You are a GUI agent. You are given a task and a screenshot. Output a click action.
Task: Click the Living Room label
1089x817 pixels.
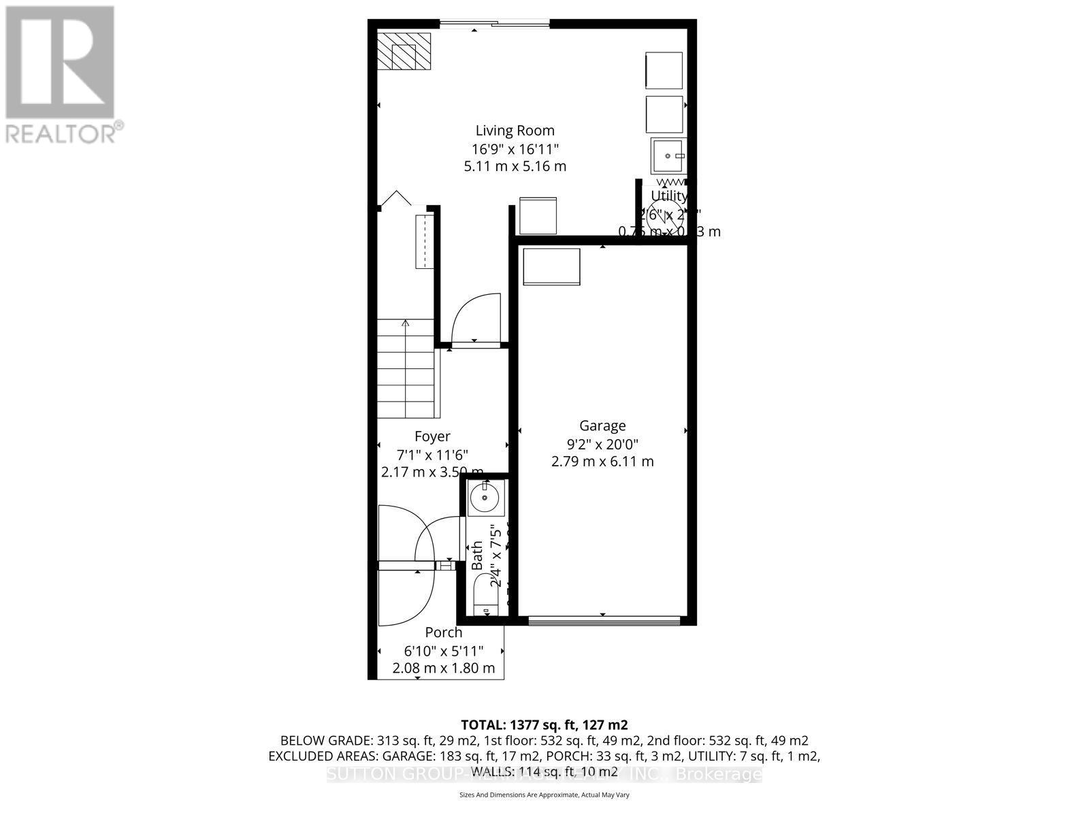(515, 131)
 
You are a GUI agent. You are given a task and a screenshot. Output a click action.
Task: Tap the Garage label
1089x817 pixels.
(602, 426)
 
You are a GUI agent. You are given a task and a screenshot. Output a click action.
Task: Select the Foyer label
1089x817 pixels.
(432, 436)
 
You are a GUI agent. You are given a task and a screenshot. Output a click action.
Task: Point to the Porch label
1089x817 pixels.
(444, 632)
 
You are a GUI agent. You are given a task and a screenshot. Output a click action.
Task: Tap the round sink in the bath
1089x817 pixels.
(485, 498)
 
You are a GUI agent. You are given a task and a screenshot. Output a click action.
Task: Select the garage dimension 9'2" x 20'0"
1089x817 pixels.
(602, 445)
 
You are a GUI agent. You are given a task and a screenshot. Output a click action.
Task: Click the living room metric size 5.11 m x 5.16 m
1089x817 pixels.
(515, 166)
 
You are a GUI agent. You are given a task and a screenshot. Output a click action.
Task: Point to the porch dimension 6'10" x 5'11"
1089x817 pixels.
(444, 650)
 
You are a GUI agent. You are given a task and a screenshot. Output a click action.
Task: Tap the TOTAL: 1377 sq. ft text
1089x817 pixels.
(544, 724)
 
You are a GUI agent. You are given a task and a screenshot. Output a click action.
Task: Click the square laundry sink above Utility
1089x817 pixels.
(668, 156)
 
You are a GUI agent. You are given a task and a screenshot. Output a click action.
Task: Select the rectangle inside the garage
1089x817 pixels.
(551, 267)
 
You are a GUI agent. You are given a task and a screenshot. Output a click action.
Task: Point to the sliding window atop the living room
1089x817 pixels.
(494, 24)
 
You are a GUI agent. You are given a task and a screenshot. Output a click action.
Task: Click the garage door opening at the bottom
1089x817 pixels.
(604, 620)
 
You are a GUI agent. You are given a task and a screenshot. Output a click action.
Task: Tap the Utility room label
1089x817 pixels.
(669, 196)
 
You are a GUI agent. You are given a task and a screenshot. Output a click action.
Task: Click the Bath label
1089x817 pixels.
(477, 555)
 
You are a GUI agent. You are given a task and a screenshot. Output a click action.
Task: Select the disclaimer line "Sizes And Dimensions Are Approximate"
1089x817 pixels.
(544, 795)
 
